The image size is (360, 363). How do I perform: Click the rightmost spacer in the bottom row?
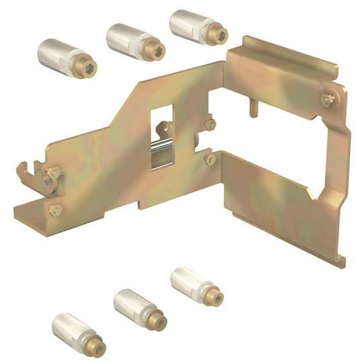196,284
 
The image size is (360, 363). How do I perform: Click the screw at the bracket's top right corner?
328,99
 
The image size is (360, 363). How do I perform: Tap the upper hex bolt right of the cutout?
209,125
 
